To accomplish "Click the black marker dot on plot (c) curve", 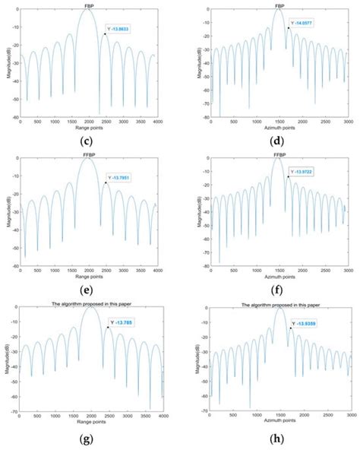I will tap(105, 34).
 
